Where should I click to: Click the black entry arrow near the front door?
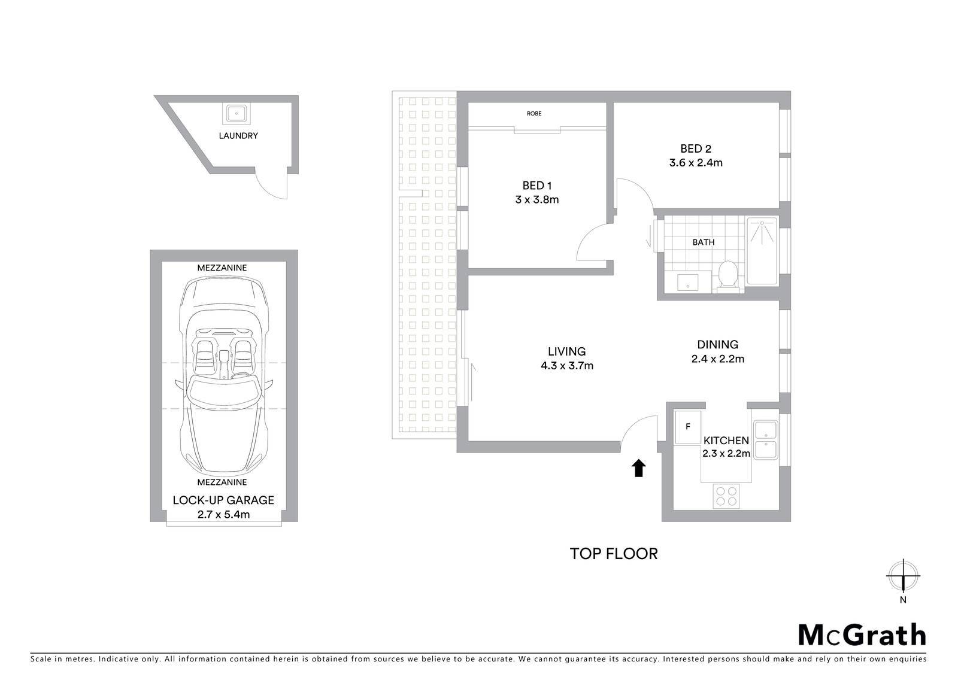click(638, 468)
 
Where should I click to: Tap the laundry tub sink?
click(236, 114)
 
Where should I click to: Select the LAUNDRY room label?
click(238, 135)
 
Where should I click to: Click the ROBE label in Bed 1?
click(533, 113)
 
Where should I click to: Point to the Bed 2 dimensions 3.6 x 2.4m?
click(696, 162)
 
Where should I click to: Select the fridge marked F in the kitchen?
click(687, 427)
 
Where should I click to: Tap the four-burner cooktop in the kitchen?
click(726, 496)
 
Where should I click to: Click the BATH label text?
click(704, 242)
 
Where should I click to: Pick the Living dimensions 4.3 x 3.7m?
click(567, 366)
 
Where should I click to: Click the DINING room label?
click(718, 344)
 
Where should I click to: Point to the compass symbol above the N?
click(903, 575)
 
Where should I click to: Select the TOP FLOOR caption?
click(614, 554)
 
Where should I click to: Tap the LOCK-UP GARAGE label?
click(223, 500)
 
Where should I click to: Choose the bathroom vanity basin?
click(687, 283)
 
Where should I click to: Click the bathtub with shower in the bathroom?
click(762, 251)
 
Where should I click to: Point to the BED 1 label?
click(536, 186)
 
